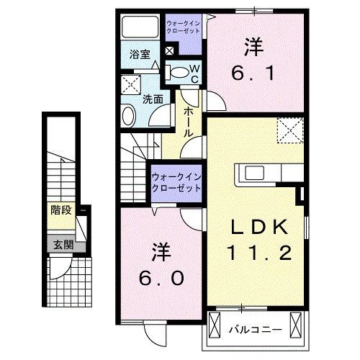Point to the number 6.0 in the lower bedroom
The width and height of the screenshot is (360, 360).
click(161, 277)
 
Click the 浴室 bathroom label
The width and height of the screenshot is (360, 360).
click(139, 54)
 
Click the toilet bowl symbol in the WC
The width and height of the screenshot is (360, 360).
click(177, 71)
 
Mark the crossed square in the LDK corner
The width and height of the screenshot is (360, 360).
click(289, 132)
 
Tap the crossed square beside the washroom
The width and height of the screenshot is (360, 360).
click(131, 83)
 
